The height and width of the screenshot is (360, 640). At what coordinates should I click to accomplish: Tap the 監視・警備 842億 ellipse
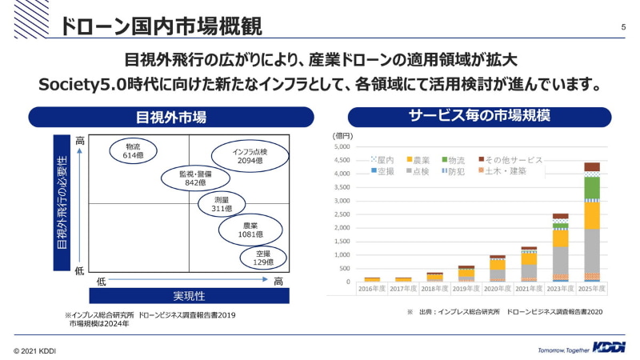click(x=194, y=178)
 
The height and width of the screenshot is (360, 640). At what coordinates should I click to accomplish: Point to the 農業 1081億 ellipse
click(x=250, y=230)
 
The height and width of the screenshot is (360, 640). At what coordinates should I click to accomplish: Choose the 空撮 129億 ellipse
click(x=263, y=257)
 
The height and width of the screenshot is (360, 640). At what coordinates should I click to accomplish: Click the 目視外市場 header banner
click(x=171, y=118)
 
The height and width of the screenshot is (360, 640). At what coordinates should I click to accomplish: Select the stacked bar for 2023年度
click(x=560, y=247)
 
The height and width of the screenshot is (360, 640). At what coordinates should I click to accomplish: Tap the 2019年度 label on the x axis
click(x=466, y=288)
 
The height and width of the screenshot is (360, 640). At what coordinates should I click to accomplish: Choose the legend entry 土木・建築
click(x=504, y=171)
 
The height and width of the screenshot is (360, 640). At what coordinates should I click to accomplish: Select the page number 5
click(x=622, y=28)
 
